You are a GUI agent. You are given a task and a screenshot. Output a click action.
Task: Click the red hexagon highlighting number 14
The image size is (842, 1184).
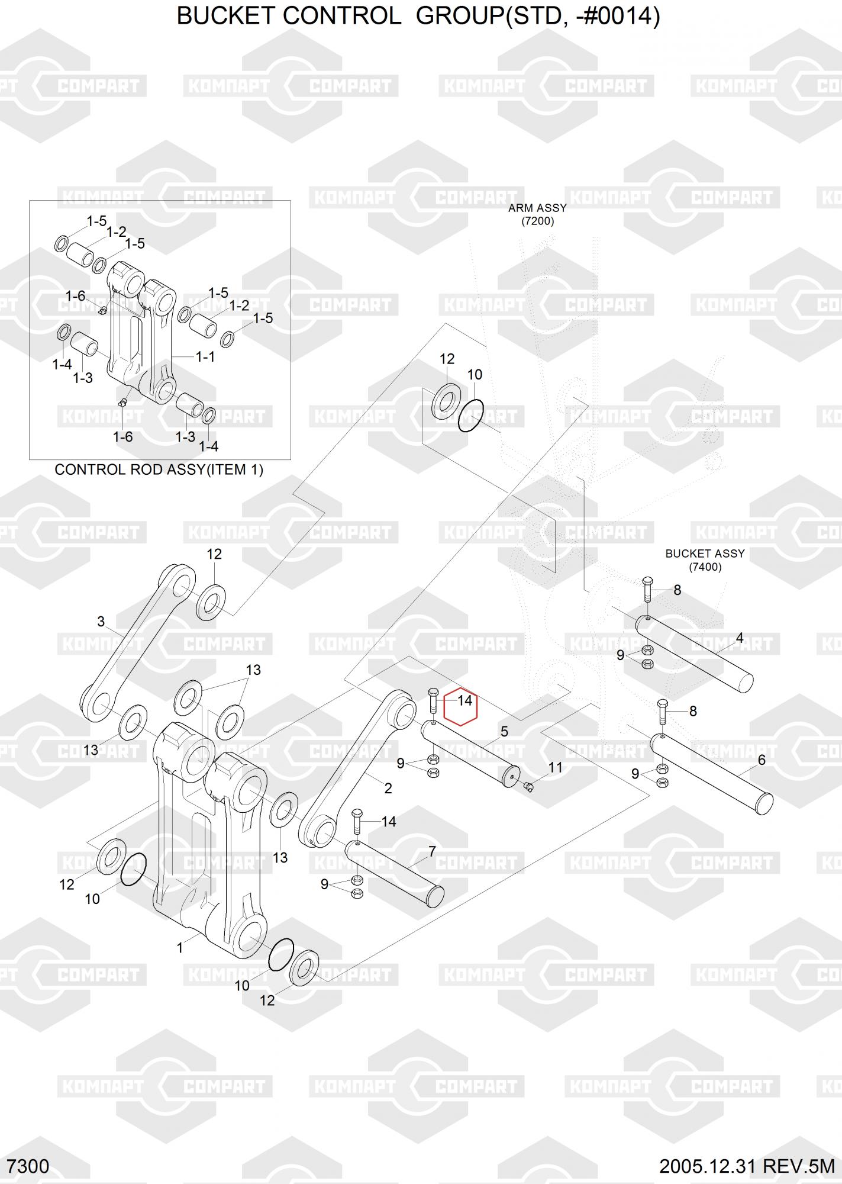coord(460,706)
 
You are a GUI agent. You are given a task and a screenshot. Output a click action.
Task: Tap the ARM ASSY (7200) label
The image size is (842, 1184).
coord(537,214)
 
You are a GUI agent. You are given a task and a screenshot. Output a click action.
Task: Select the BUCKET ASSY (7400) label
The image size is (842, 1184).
coord(705,560)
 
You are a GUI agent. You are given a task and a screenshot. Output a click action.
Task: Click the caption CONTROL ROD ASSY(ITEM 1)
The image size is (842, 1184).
coord(159,469)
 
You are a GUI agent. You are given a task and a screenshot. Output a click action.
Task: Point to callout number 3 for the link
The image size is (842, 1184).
coord(101,622)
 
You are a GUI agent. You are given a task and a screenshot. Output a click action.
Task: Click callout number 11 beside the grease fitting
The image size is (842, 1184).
coord(555,768)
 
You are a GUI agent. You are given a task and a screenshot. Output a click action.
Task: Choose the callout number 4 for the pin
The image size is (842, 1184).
coord(740,638)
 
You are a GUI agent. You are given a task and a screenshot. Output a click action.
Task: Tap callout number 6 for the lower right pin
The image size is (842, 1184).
coord(762,760)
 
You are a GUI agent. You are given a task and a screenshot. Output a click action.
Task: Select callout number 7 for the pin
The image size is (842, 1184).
coord(432,851)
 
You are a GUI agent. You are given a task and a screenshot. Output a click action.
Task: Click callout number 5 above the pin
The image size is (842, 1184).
coord(504,732)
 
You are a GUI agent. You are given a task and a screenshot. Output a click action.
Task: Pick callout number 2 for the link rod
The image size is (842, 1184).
coord(388,788)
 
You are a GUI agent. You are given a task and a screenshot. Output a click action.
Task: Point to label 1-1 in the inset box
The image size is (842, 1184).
coord(205,356)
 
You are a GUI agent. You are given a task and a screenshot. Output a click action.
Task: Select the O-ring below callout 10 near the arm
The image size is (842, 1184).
coord(471,416)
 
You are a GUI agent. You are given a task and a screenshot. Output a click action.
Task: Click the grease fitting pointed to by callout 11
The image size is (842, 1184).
coord(529,786)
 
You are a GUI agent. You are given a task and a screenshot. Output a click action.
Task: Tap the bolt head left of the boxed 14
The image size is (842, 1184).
coord(432,694)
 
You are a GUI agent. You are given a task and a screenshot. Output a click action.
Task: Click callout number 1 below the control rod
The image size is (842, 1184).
coord(180,948)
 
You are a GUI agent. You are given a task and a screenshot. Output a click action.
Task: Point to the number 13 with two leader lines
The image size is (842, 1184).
coord(253,670)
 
